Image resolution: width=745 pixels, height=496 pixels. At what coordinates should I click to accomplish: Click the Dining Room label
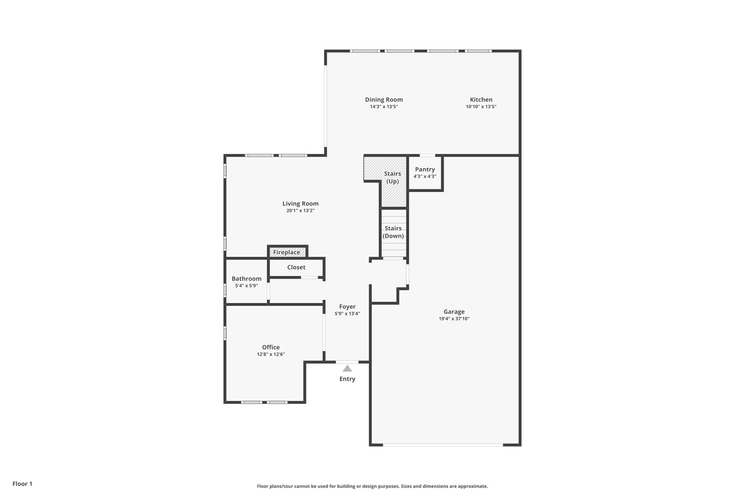click(x=384, y=100)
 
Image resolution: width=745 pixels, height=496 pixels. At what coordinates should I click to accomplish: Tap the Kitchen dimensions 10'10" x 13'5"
click(x=481, y=107)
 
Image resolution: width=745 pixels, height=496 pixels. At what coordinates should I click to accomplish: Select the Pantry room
click(x=425, y=173)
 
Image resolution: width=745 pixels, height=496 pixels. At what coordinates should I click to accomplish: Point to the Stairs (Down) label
click(x=393, y=232)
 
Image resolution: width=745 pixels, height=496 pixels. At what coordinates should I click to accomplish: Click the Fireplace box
click(x=287, y=252)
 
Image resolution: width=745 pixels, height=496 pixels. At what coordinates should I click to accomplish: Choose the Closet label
click(x=296, y=267)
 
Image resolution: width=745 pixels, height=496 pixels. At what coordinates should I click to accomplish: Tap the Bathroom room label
click(x=246, y=279)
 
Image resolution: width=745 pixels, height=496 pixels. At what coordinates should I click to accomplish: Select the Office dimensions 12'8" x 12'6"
click(x=271, y=354)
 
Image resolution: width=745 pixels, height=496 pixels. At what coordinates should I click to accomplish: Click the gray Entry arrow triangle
click(x=347, y=369)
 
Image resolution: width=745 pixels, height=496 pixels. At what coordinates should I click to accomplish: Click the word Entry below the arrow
click(x=347, y=379)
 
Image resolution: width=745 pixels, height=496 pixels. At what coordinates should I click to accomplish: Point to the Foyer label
click(x=347, y=307)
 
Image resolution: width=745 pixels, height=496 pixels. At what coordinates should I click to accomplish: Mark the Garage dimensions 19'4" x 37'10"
click(x=454, y=319)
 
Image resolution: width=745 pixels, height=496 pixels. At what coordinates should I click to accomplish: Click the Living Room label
click(x=300, y=203)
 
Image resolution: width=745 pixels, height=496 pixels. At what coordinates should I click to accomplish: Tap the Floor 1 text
click(x=22, y=484)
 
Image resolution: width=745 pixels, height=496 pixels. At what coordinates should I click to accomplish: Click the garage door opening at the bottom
click(x=443, y=445)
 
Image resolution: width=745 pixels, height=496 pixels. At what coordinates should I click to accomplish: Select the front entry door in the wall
click(x=347, y=362)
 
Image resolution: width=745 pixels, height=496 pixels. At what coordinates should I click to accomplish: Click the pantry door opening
click(x=427, y=156)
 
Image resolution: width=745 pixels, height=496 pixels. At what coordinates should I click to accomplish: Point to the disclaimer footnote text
click(x=372, y=486)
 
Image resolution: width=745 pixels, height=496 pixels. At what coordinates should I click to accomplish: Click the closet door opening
click(x=310, y=278)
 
